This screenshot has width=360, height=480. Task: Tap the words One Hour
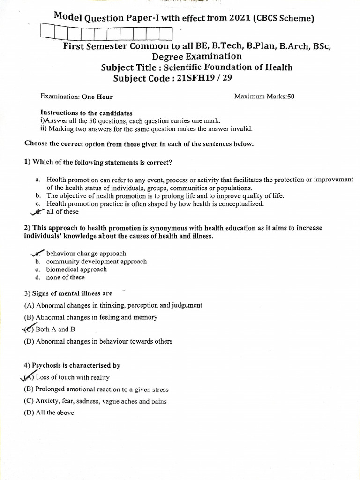pos(97,97)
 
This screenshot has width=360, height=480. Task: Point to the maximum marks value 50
pos(291,97)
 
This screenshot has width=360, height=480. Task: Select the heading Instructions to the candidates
pos(86,113)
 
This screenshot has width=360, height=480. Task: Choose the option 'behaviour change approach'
pos(86,254)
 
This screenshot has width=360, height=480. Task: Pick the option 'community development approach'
pos(96,262)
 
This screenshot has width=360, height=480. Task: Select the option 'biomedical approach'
pos(76,270)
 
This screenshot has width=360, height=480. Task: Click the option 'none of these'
pos(66,277)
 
